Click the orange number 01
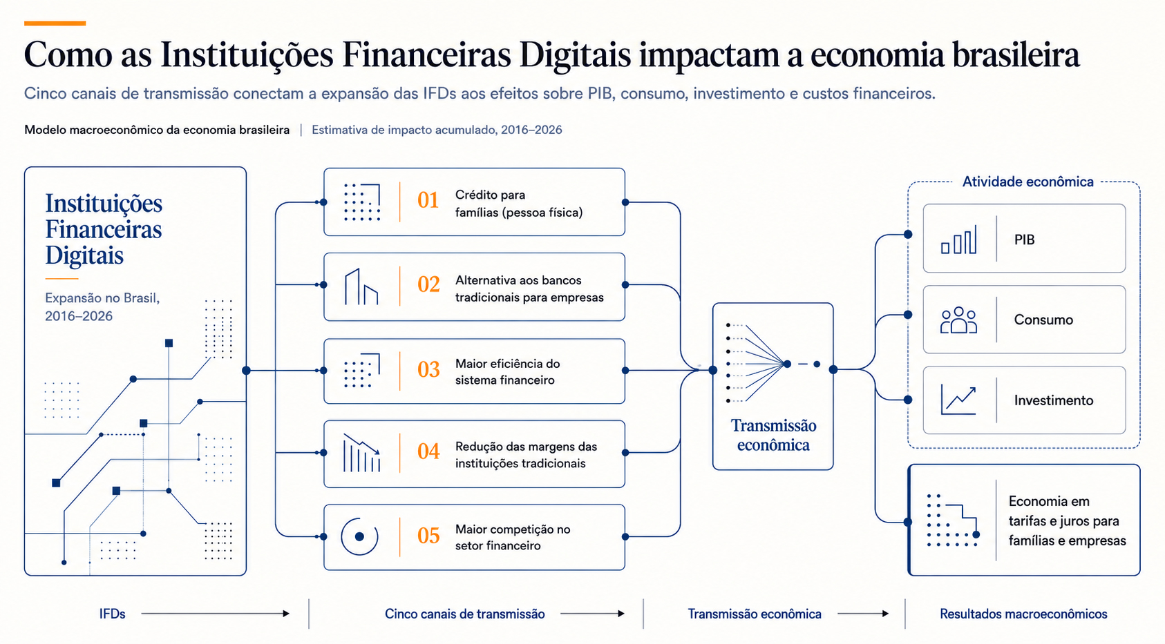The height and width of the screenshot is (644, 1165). tap(428, 200)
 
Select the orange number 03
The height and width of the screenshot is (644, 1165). tap(428, 370)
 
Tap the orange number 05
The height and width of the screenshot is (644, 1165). tap(428, 536)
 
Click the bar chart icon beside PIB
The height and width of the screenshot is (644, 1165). tap(958, 240)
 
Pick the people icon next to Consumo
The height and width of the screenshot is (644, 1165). tap(958, 320)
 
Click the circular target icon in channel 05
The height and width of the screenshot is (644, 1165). tap(359, 536)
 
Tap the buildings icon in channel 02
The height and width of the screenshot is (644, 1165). tap(361, 286)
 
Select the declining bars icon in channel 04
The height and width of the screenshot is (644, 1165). tap(361, 453)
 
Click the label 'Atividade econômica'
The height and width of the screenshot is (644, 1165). tap(1027, 182)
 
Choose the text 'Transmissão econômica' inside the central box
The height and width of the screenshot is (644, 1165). tap(773, 436)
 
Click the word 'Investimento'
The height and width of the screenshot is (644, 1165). tap(1054, 400)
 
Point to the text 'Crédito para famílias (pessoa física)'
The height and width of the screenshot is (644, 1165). tap(518, 204)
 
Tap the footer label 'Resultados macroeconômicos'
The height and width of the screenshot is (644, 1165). tap(1023, 614)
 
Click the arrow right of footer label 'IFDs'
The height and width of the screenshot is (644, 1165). tap(216, 614)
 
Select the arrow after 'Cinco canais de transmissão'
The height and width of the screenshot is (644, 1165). tap(592, 614)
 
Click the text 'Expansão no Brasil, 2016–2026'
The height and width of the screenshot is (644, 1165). tap(102, 307)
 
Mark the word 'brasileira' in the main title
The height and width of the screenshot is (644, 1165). tap(1016, 55)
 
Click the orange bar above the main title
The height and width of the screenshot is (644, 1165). tap(55, 23)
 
